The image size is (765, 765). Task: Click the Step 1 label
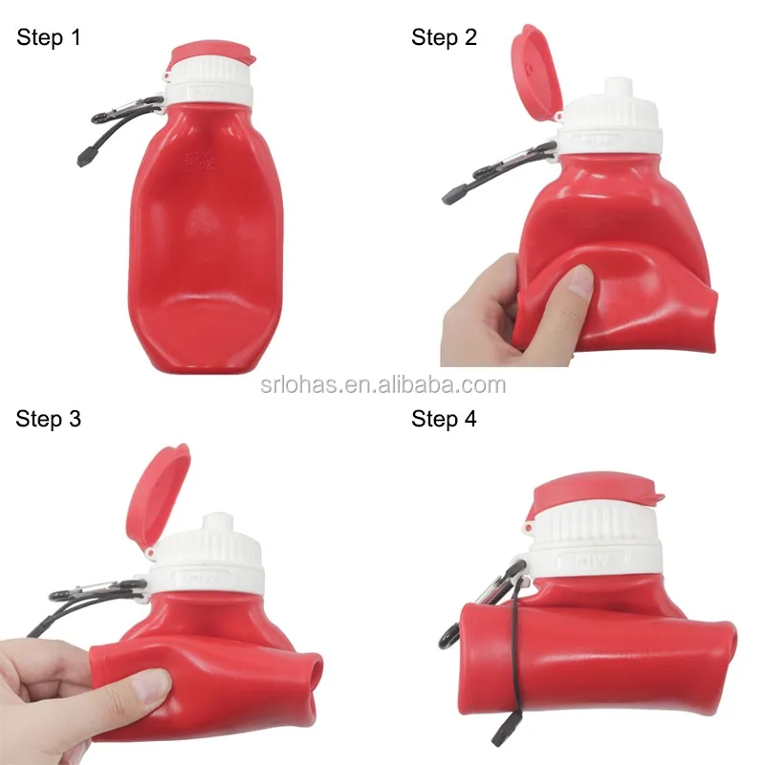pyautogui.click(x=49, y=38)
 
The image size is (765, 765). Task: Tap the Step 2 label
pyautogui.click(x=444, y=37)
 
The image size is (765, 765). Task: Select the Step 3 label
pyautogui.click(x=49, y=419)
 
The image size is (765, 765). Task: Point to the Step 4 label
pyautogui.click(x=444, y=419)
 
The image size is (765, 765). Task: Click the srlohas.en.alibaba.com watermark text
pyautogui.click(x=383, y=385)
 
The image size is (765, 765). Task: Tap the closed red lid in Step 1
pyautogui.click(x=211, y=55)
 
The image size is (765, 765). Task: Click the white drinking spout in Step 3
pyautogui.click(x=219, y=523)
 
